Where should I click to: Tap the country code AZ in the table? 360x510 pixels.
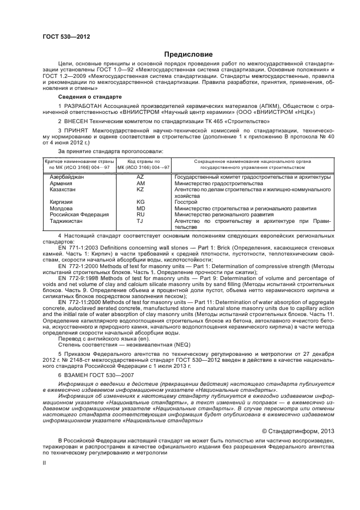pyautogui.click(x=140, y=177)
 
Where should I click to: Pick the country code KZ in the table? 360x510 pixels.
pyautogui.click(x=140, y=189)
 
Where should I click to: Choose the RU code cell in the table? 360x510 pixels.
pyautogui.click(x=140, y=214)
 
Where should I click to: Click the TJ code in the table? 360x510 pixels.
pyautogui.click(x=140, y=221)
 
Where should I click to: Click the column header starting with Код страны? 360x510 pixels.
pyautogui.click(x=140, y=162)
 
